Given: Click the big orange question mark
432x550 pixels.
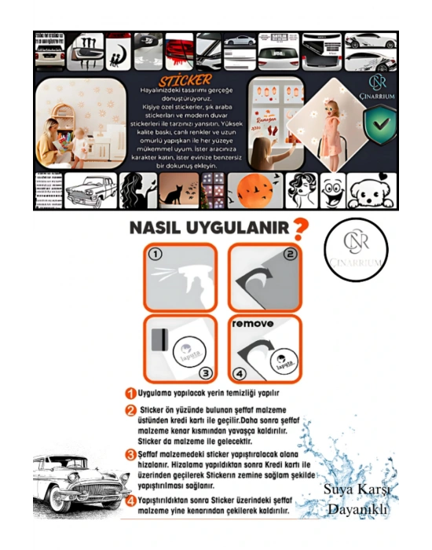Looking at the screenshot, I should coord(299,230).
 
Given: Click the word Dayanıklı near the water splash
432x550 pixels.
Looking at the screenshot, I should coord(358,508).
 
